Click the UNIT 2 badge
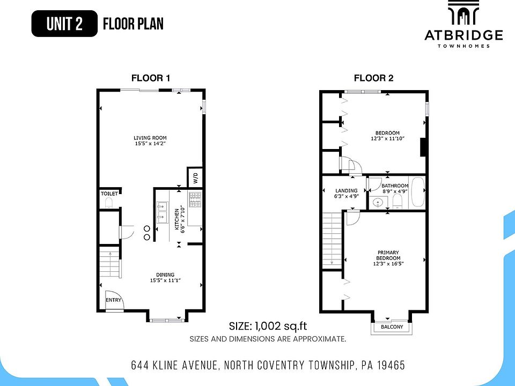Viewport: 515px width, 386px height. (64, 24)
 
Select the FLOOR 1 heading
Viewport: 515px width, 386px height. (151, 78)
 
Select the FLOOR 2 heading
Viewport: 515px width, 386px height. (373, 78)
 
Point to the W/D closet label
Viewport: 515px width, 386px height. (195, 177)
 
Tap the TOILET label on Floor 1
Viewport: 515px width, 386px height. (109, 194)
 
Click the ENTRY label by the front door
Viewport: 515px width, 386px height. (113, 300)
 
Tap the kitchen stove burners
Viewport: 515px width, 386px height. (196, 199)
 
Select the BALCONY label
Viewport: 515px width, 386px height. (392, 327)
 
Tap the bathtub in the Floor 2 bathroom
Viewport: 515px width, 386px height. (417, 194)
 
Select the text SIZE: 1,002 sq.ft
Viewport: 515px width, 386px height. (268, 326)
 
